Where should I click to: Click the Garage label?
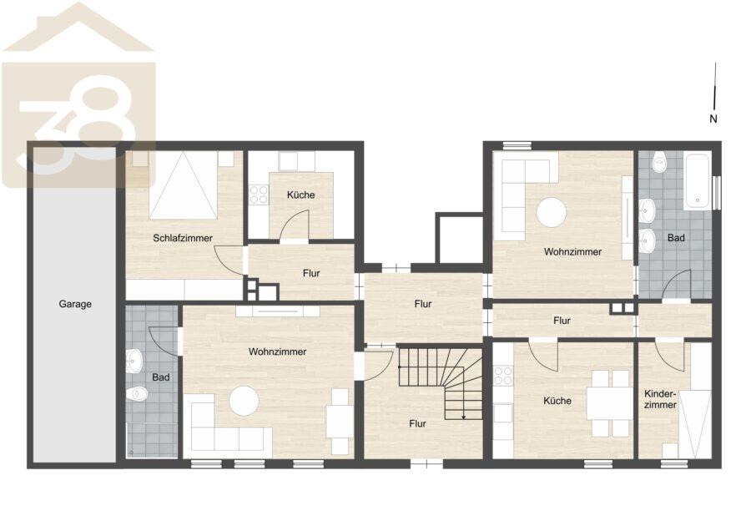pos(75,304)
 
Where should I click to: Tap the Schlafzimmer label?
pos(183,238)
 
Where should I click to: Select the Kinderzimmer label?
pos(660,399)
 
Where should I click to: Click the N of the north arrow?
pos(713,119)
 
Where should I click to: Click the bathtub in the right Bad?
pos(697,180)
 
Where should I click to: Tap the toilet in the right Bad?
pos(659,163)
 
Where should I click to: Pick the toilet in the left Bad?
pos(137,394)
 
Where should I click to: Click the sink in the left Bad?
pos(134,361)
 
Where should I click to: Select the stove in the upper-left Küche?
pos(259,194)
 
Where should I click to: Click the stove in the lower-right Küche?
pos(503,375)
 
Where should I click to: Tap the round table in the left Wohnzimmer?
pos(244,401)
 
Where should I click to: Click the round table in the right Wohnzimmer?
pos(552,212)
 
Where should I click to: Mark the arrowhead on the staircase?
pos(463,417)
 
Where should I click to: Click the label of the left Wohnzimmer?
pos(277,351)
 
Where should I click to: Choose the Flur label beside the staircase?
pos(418,423)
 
